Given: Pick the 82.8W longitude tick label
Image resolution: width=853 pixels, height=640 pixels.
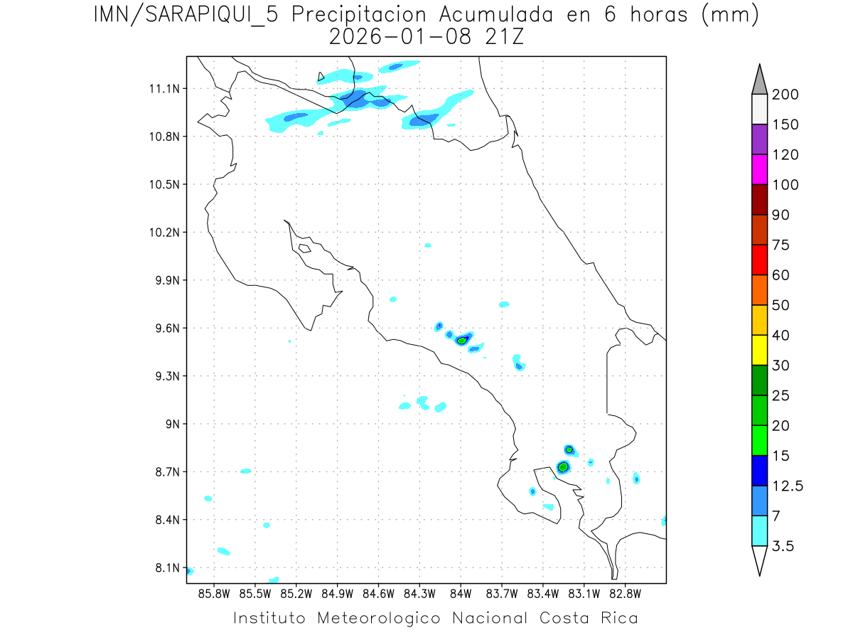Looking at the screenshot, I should click(x=625, y=593).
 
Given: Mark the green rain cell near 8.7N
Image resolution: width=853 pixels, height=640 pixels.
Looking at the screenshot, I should click(x=563, y=467).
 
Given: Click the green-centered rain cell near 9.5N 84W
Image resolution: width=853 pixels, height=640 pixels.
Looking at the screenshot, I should click(x=462, y=341).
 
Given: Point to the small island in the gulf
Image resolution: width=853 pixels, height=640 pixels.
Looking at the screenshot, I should click(x=304, y=248).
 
